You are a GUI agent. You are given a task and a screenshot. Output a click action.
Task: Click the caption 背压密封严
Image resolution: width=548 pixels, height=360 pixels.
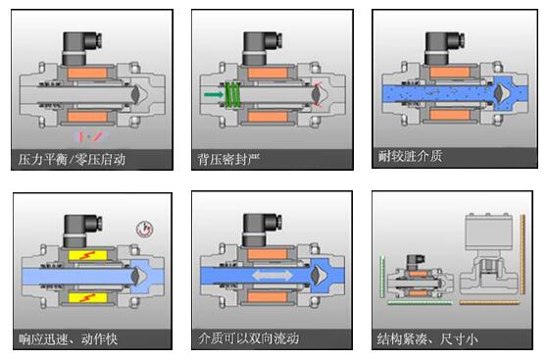[x=228, y=157]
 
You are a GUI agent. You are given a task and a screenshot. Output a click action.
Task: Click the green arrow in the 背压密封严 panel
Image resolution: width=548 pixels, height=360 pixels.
[x=213, y=93]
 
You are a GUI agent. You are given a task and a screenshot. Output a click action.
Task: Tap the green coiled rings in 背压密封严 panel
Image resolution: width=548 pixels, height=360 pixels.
[x=233, y=93]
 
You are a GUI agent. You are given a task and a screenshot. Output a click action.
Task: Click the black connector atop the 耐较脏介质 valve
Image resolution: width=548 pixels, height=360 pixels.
[x=438, y=44]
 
